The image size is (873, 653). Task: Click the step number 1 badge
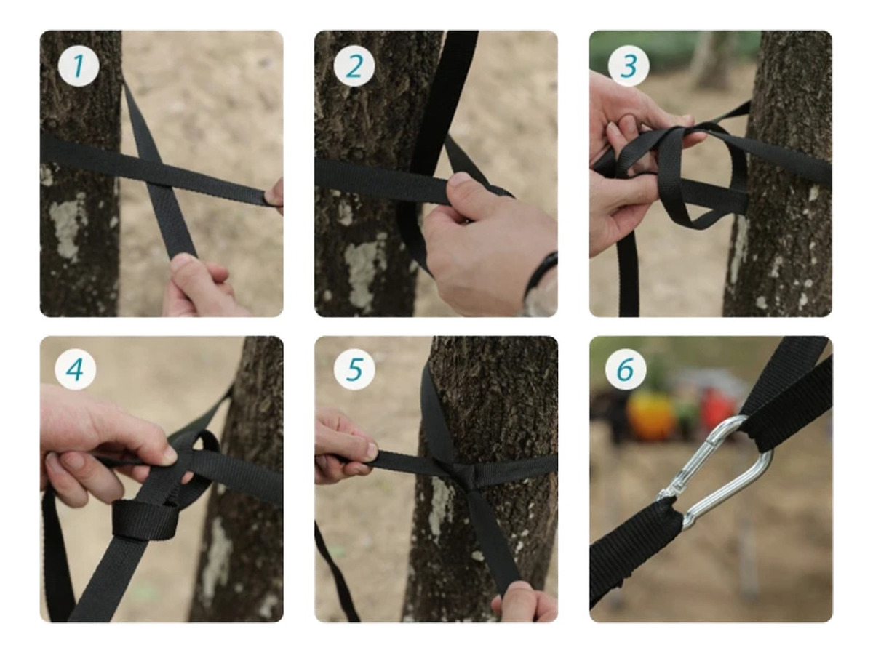[x=79, y=65]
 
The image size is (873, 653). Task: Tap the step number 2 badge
[x=354, y=65]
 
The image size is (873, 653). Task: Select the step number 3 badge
[x=629, y=65]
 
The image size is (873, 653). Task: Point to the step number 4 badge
[x=76, y=369]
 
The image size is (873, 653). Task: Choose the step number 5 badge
[x=354, y=369]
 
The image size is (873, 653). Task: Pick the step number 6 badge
[x=625, y=369]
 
